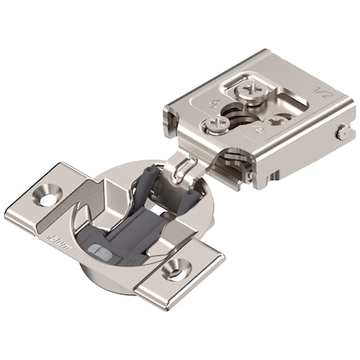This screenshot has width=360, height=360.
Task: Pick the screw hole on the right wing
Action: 170,272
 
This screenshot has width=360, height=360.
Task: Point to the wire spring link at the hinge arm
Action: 186,167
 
